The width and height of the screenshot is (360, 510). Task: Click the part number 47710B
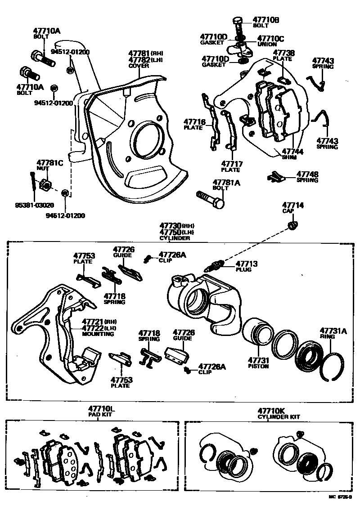[266, 20]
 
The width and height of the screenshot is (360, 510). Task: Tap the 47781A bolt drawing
[210, 200]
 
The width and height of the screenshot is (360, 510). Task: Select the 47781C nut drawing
[45, 185]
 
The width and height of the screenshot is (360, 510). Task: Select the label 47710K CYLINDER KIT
[279, 413]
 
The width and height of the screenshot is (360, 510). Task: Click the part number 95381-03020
[34, 206]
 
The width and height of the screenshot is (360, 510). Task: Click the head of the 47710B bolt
[238, 20]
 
